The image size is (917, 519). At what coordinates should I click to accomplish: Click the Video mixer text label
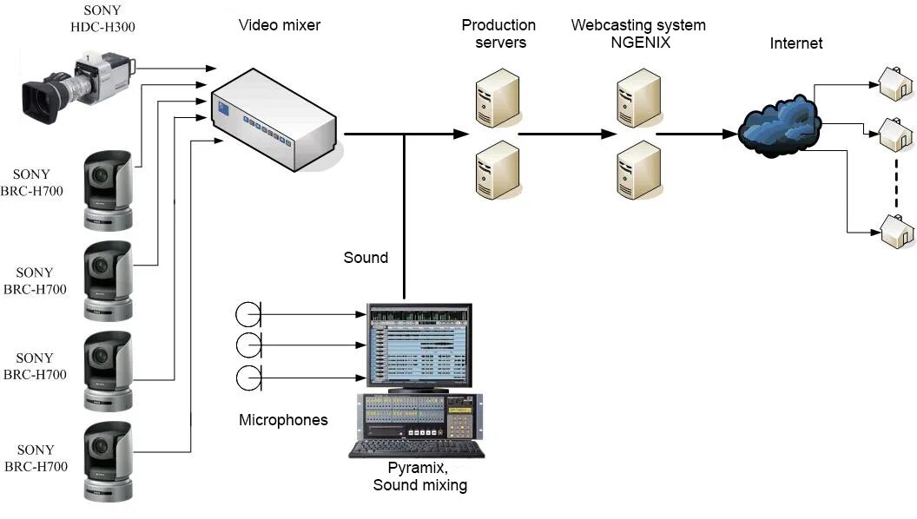coord(280,25)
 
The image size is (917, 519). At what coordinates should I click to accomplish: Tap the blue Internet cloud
coord(779,127)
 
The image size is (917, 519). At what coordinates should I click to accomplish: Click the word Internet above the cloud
coord(796,43)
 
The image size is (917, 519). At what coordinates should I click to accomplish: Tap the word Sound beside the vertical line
coord(366,258)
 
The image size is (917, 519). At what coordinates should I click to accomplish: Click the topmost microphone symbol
coord(248,314)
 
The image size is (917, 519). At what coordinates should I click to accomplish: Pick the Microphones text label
coord(283,420)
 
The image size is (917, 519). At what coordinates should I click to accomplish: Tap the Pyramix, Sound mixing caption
coord(420,477)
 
